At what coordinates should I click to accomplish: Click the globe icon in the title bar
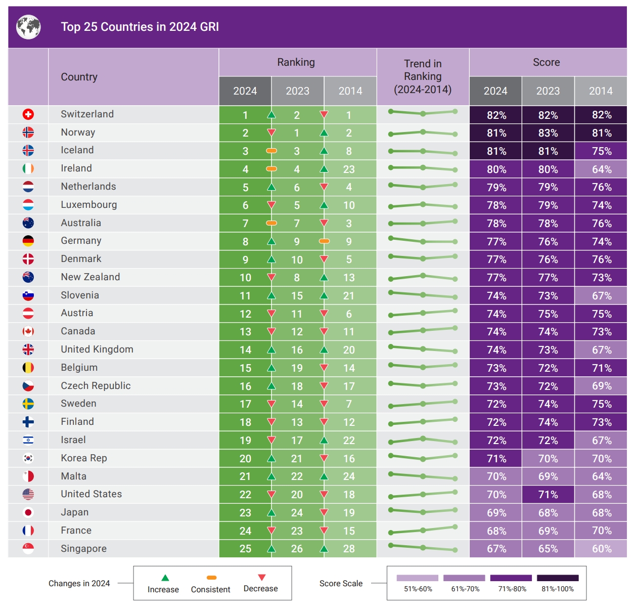click(28, 27)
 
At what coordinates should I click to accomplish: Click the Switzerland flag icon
click(28, 114)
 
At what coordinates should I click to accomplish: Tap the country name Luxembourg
click(89, 205)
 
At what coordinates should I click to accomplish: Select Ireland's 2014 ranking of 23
click(349, 169)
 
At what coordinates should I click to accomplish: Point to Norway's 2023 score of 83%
click(548, 133)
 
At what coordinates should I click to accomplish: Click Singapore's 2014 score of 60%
click(602, 549)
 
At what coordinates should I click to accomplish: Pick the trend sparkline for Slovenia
click(423, 295)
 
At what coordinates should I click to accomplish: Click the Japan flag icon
click(28, 512)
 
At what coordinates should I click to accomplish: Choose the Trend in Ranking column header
click(423, 76)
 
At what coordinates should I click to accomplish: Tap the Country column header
click(79, 77)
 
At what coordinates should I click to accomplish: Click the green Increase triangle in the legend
click(165, 578)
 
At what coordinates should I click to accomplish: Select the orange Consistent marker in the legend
click(212, 578)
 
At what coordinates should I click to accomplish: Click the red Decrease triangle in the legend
click(261, 577)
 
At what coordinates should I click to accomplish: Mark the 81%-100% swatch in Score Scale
click(558, 578)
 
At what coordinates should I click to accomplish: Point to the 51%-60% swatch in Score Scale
click(418, 578)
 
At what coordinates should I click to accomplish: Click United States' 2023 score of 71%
click(548, 495)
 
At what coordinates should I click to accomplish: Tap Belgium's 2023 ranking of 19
click(297, 368)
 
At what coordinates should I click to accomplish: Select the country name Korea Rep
click(84, 458)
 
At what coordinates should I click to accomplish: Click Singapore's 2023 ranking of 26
click(297, 549)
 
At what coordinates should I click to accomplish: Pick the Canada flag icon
click(28, 332)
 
